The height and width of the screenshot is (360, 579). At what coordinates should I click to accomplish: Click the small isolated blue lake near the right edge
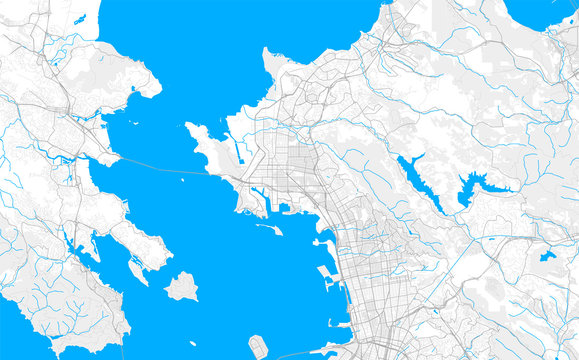tap(547, 255)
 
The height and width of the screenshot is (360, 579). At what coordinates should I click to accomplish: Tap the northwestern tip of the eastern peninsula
tap(189, 126)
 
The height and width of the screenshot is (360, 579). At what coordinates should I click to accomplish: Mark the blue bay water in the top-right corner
tap(540, 12)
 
